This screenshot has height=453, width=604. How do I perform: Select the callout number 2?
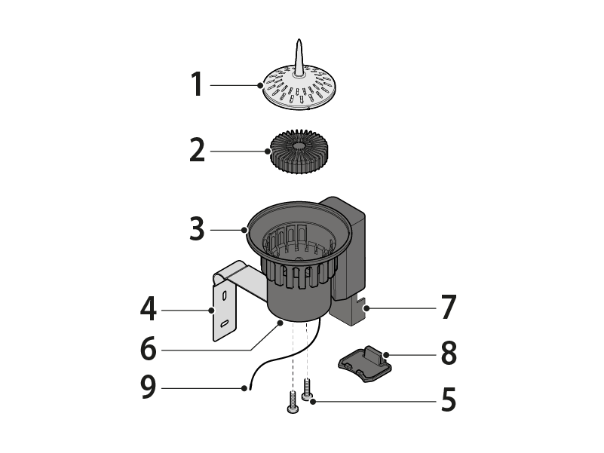click(198, 150)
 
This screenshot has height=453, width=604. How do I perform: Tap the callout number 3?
click(197, 229)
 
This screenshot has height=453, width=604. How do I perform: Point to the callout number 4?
click(149, 308)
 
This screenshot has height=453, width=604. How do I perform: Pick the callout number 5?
click(449, 399)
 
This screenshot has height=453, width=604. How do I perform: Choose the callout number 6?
click(149, 348)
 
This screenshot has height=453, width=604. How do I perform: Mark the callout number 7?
click(449, 307)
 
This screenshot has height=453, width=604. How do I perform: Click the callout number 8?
click(449, 353)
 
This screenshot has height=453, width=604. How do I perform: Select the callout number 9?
click(149, 387)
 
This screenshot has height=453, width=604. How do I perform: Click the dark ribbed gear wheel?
click(299, 152)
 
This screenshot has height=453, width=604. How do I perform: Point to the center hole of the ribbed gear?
click(299, 146)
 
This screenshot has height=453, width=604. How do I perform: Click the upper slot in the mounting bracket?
click(224, 295)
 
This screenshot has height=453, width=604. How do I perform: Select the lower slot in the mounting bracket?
click(225, 323)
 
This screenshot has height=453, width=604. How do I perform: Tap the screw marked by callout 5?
click(307, 390)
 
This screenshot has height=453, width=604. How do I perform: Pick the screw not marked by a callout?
click(293, 402)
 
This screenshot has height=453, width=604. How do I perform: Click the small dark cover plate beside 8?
click(365, 363)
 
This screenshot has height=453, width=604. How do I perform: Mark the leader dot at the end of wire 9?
click(244, 388)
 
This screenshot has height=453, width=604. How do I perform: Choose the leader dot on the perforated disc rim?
click(260, 85)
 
